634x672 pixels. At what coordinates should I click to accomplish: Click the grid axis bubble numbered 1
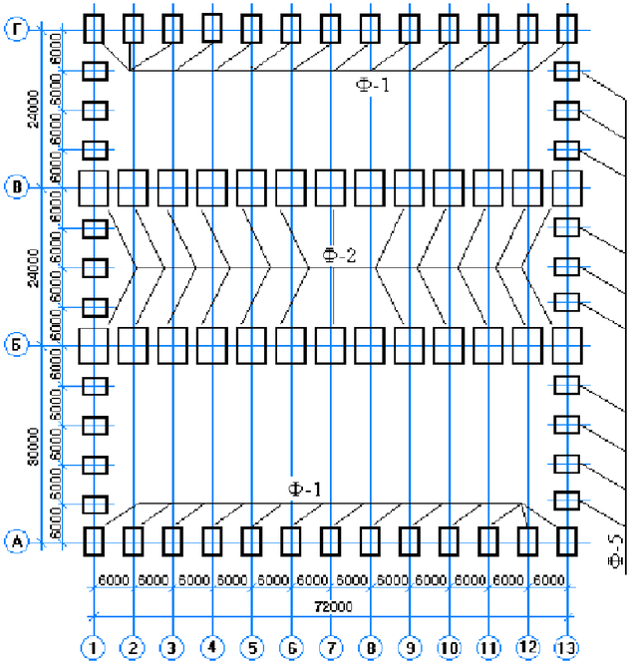point(93,648)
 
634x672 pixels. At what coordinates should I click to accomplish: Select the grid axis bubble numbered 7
point(330,648)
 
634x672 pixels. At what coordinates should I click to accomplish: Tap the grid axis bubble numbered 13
point(566,648)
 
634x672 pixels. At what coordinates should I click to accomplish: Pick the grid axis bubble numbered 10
point(449,648)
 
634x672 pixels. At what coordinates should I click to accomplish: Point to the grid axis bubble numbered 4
point(211,648)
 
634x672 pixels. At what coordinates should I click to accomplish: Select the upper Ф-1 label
point(373,86)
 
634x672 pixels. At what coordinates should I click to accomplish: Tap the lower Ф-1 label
point(305,489)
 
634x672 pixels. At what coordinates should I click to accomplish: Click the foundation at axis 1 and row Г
point(93,28)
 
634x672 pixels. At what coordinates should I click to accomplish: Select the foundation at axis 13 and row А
point(566,541)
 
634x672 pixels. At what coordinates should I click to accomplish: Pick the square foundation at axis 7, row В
point(330,186)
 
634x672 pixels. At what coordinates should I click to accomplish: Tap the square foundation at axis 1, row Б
point(93,345)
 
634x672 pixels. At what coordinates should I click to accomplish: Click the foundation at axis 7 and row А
point(330,541)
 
